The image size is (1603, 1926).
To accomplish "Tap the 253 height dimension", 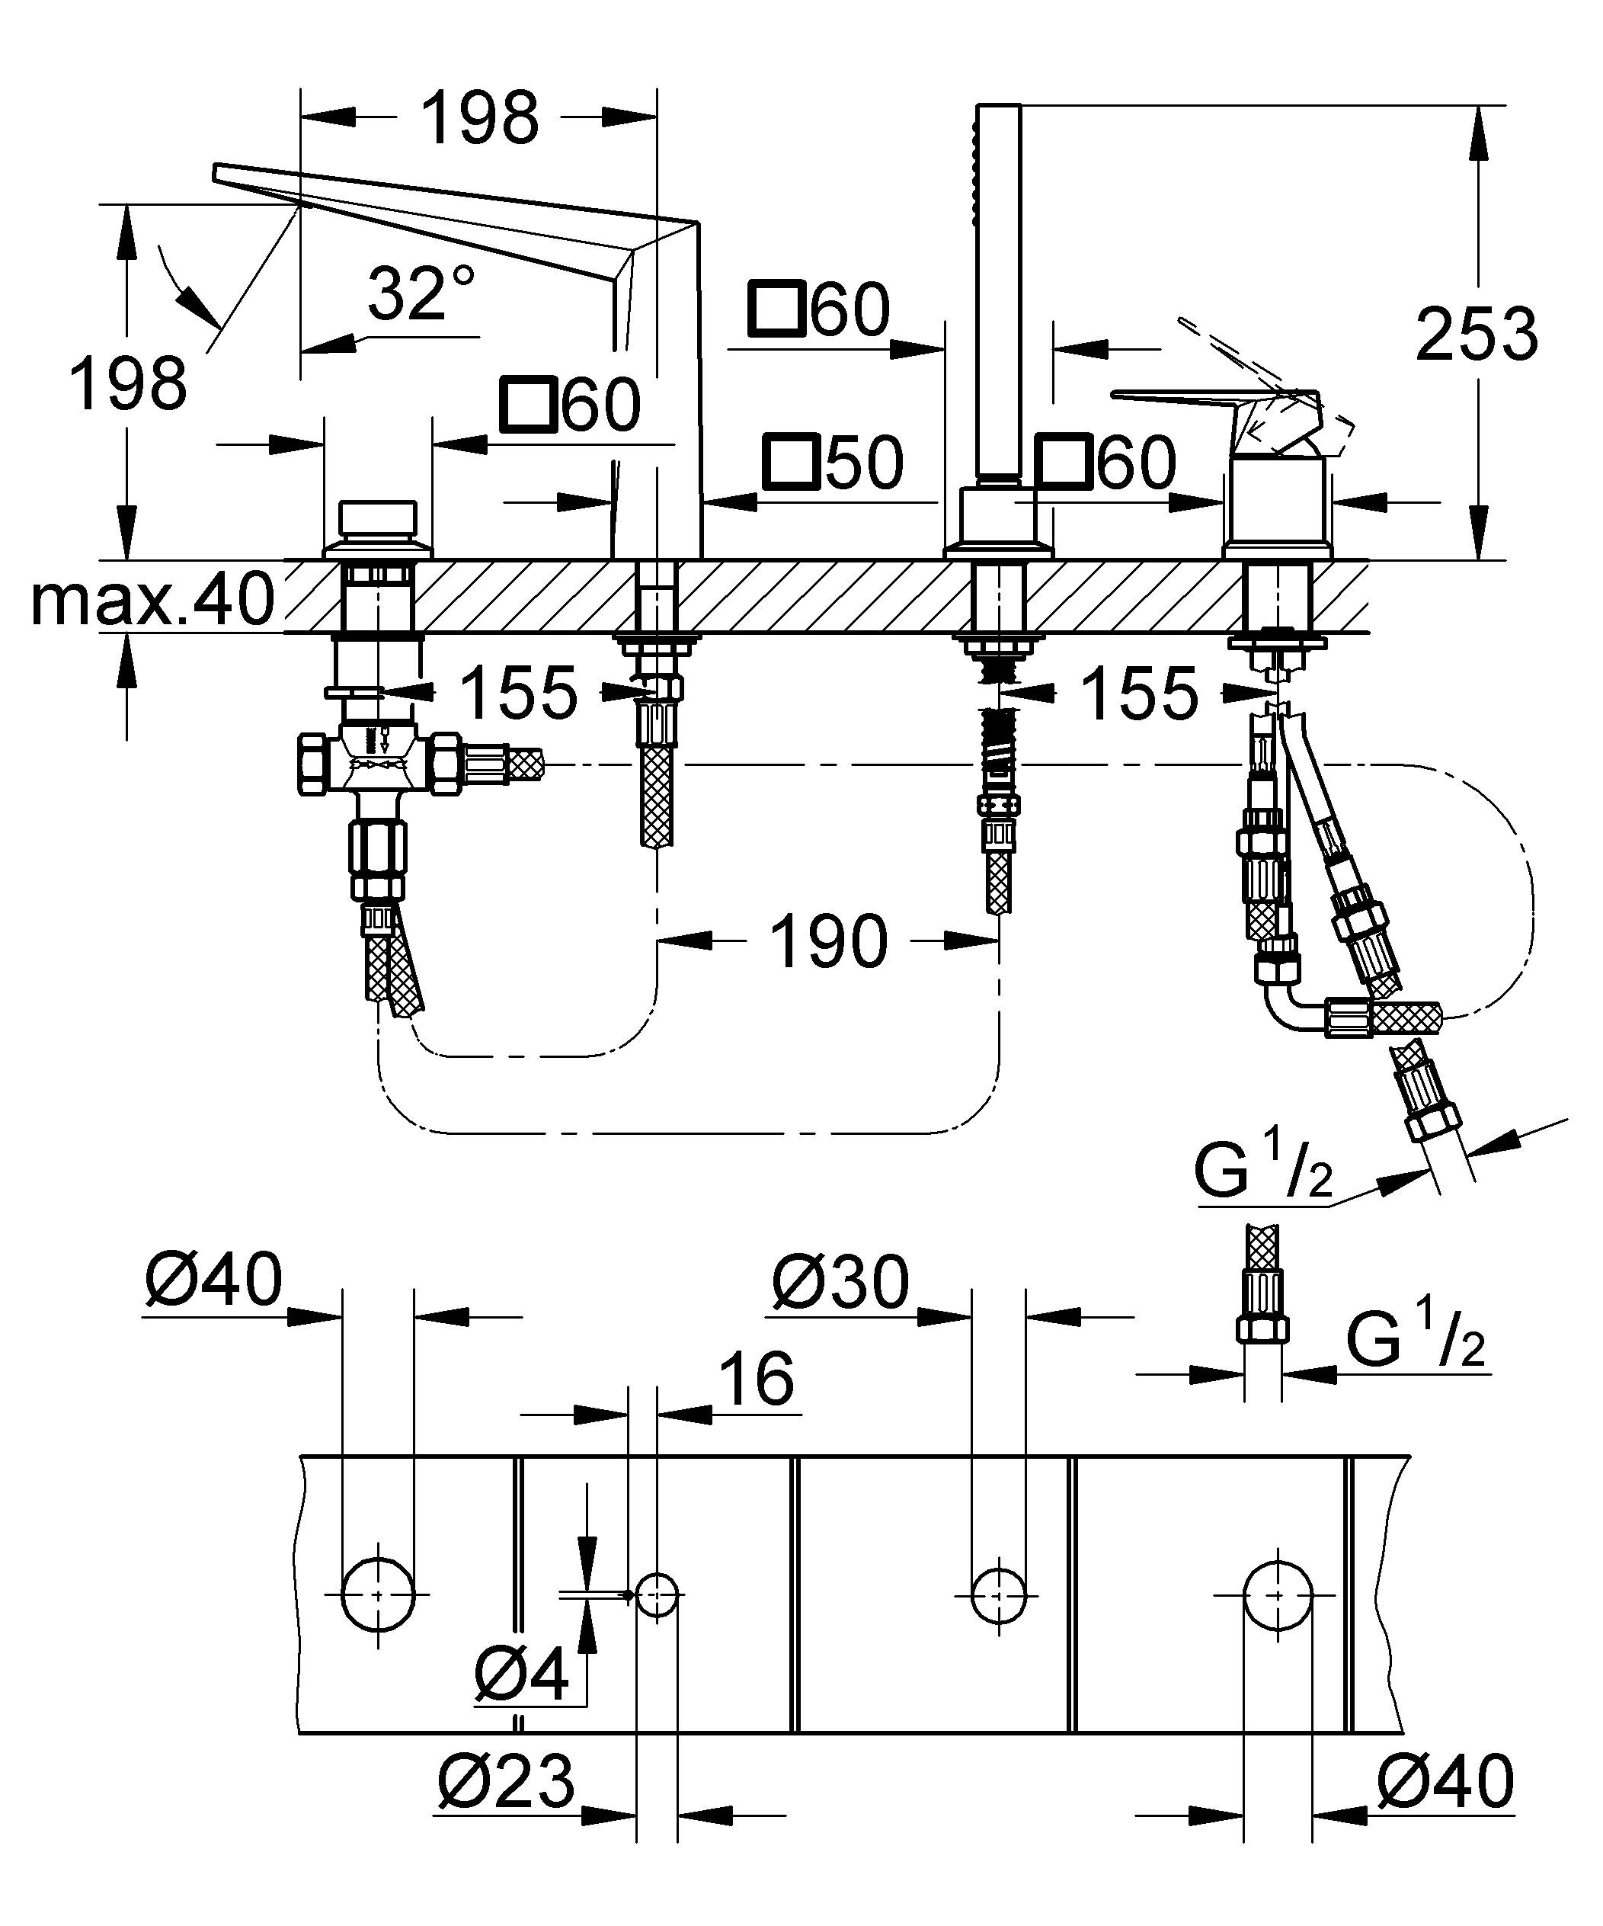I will (x=1476, y=335).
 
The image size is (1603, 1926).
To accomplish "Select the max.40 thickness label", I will (x=152, y=599).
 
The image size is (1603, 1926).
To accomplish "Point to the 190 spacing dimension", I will (x=828, y=941).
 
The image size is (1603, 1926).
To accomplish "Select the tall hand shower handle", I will (x=996, y=293).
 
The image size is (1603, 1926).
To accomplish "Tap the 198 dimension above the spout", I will (x=480, y=117).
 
